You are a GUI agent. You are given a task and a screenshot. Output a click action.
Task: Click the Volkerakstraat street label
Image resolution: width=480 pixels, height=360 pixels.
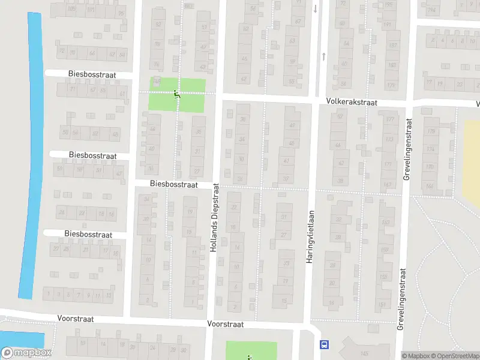click(x=352, y=103)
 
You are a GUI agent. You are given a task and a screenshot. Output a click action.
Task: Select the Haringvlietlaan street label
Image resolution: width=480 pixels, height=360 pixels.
click(x=311, y=240)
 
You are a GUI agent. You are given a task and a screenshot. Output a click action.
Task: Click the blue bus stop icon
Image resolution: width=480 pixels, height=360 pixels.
click(x=325, y=344)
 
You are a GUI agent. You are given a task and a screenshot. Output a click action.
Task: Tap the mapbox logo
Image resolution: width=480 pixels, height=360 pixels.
click(x=26, y=353)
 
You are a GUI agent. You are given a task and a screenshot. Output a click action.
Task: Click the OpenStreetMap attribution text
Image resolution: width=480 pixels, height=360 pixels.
click(x=456, y=356)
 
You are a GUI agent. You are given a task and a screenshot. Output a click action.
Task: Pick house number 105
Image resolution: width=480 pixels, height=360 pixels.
click(x=71, y=9)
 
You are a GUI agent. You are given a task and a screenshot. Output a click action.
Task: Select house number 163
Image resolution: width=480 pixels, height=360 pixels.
click(x=385, y=223)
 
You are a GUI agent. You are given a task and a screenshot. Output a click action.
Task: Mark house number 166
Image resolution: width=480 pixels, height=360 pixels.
click(x=430, y=186)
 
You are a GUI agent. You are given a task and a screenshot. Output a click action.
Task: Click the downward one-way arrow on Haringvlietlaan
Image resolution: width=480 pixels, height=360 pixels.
click(x=316, y=8)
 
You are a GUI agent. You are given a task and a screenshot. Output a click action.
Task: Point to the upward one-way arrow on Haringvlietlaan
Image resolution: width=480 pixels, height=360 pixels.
click(x=323, y=56)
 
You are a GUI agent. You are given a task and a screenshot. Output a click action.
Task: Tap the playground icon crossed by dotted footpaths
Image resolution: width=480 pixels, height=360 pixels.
click(x=176, y=94)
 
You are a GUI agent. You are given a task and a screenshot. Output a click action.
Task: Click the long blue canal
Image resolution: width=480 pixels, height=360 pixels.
click(x=31, y=156)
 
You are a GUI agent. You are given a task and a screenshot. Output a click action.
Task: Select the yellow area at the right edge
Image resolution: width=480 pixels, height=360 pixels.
click(x=472, y=162)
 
